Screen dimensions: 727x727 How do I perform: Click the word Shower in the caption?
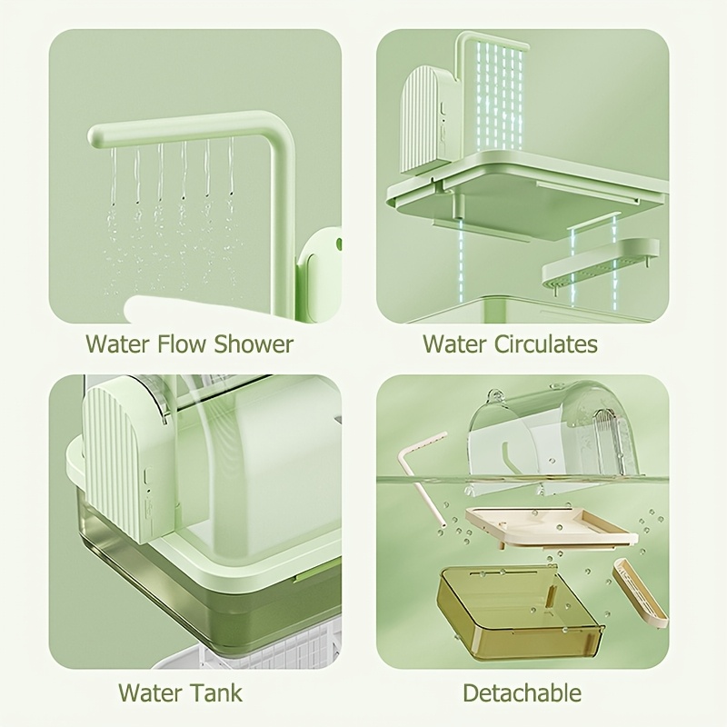pyautogui.click(x=254, y=344)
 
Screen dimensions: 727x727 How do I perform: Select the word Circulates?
pyautogui.click(x=546, y=344)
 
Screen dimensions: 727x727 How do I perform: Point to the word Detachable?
pyautogui.click(x=522, y=692)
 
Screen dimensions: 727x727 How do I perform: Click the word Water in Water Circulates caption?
pyautogui.click(x=455, y=344)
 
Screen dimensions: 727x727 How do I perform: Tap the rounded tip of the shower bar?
pyautogui.click(x=94, y=138)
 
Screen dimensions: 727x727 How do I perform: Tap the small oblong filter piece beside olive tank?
pyautogui.click(x=640, y=593)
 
